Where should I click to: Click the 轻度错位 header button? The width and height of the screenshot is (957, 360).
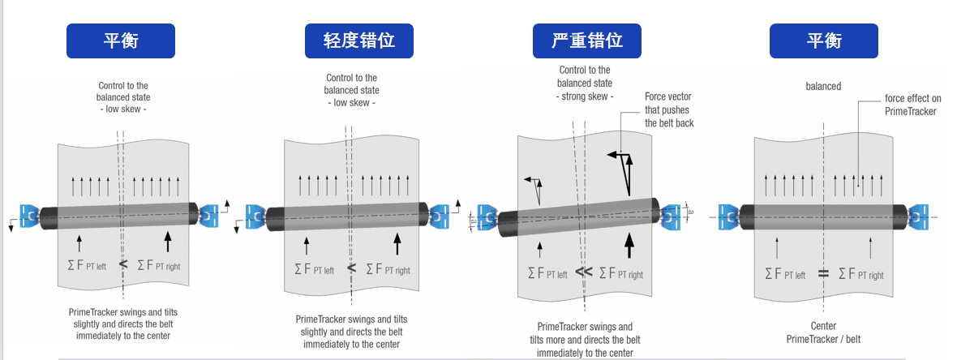[x=358, y=41]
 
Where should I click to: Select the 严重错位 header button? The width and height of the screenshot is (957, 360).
[x=586, y=41]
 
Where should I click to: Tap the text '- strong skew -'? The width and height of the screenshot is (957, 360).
[x=584, y=96]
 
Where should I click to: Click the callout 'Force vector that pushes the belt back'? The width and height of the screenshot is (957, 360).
[x=668, y=109]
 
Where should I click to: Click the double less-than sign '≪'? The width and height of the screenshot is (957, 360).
[x=584, y=272]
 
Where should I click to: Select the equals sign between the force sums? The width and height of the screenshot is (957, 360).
[x=823, y=274]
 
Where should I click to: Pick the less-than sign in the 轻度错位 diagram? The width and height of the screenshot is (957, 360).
[x=351, y=268]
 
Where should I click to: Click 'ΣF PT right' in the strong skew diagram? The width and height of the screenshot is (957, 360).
[x=620, y=273]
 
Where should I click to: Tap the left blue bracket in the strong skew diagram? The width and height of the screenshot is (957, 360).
[x=487, y=217]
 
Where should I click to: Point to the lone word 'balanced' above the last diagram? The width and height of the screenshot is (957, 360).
[x=823, y=86]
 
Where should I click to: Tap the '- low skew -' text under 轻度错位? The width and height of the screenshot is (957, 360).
[x=351, y=102]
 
